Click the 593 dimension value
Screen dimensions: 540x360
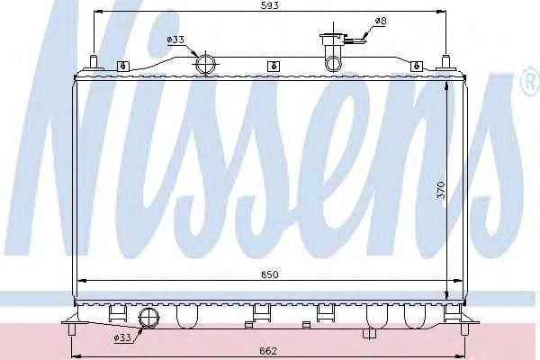(270, 5)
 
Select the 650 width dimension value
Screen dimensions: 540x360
(270, 274)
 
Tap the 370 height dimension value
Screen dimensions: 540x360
(441, 190)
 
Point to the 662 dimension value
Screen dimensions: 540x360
(268, 351)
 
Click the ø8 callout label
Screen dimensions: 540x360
(381, 21)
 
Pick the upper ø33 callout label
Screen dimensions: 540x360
(175, 40)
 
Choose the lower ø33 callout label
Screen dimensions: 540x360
(122, 337)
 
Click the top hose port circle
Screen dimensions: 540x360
(205, 65)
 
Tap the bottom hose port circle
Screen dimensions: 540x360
(148, 318)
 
